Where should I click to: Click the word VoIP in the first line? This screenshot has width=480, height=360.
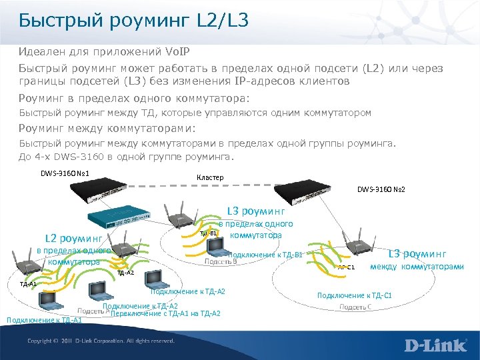click(161, 52)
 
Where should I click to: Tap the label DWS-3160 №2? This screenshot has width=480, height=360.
click(381, 189)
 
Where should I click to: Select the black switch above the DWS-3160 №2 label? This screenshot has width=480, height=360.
click(314, 193)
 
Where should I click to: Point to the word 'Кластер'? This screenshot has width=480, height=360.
click(210, 177)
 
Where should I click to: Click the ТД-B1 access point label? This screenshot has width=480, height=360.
click(209, 233)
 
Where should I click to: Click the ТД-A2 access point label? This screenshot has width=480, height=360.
click(125, 273)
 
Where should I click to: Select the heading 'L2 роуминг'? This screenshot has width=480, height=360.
click(73, 237)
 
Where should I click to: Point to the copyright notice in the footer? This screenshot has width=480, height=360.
click(101, 341)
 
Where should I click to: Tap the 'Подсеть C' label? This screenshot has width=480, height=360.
click(356, 307)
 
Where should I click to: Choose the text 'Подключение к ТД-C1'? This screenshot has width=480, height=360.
click(354, 295)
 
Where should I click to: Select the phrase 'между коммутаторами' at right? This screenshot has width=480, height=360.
click(417, 267)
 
